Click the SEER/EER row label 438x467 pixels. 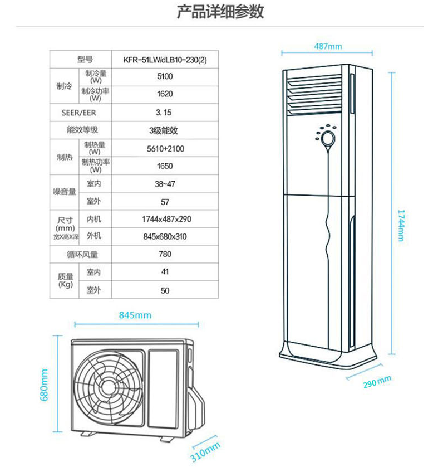coord(81,112)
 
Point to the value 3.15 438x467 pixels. coord(164,112)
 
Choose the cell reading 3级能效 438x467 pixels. coord(164,130)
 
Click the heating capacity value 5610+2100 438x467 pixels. coord(164,148)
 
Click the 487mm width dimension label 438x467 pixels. coord(328,46)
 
